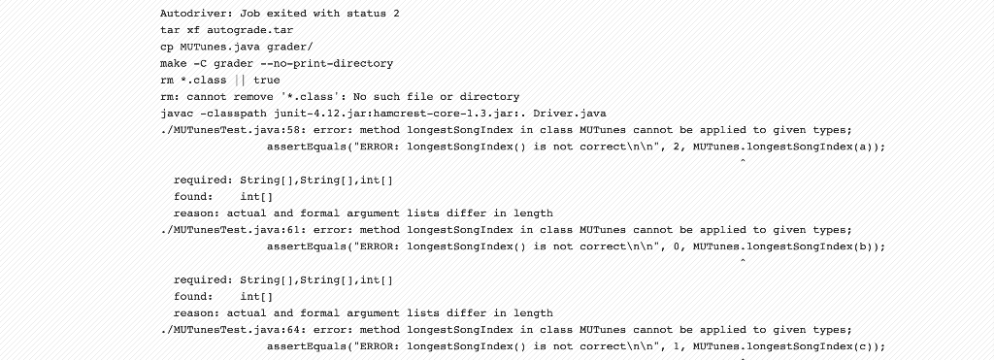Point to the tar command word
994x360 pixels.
(x=171, y=30)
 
